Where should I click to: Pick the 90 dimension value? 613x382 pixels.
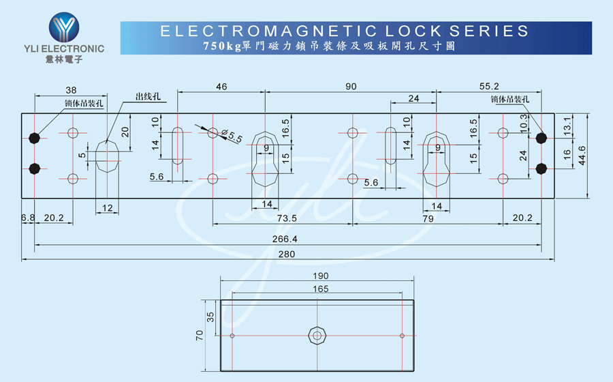(x=351, y=87)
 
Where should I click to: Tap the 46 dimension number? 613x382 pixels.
(x=221, y=87)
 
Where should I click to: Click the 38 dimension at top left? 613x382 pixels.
(x=71, y=90)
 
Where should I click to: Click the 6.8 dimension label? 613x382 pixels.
(x=27, y=218)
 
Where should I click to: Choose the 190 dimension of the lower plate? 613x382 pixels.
(x=321, y=276)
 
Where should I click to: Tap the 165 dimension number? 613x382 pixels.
(x=321, y=290)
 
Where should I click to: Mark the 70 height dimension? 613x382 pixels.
(x=200, y=336)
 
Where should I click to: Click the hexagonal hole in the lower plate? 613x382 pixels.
(x=317, y=336)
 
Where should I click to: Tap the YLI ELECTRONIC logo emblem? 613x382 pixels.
(x=64, y=27)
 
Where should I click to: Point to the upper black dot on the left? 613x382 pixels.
(x=35, y=138)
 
